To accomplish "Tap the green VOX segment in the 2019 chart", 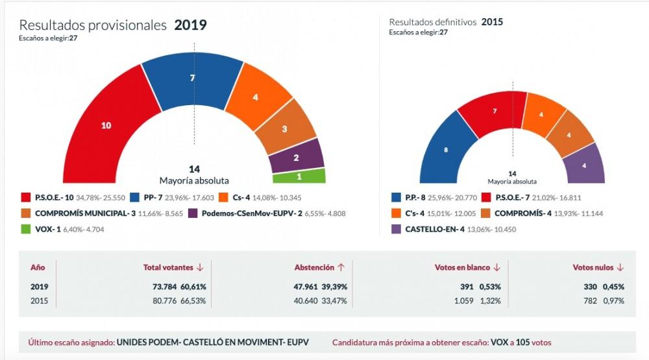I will tap(299, 176).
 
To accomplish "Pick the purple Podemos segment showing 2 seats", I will tap(296, 156).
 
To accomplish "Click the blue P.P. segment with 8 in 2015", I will tap(445, 151).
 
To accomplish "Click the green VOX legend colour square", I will tap(26, 228).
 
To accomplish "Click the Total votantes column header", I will tap(169, 267).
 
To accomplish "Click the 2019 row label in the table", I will tap(40, 286).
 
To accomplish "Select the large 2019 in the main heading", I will tap(190, 25).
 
